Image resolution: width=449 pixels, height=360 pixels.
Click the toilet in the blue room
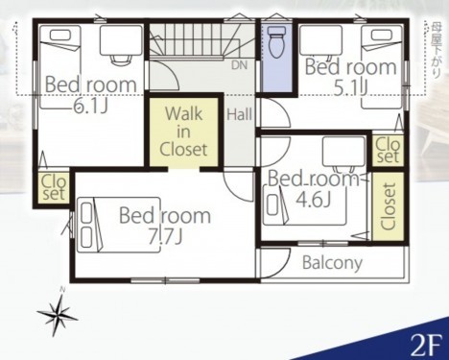pos(277,41)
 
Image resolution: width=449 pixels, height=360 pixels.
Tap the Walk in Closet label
pos(183,132)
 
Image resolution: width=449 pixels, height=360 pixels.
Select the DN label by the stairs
pos(240,65)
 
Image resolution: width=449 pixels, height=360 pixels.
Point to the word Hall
pos(239,114)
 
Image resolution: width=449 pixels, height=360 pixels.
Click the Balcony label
pos(332,263)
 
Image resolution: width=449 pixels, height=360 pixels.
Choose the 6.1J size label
pos(90,105)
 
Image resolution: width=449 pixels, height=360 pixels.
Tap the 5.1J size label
pos(350,88)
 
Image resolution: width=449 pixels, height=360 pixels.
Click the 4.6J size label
pos(313,200)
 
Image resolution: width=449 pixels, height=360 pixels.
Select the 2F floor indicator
pos(426,346)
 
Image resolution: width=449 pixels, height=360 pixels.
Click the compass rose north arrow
pos(58,312)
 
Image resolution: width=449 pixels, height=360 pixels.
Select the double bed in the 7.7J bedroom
pos(119,225)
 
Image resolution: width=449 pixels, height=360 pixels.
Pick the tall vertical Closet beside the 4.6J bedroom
pos(389,206)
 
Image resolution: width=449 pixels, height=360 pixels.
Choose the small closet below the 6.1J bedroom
pos(54,187)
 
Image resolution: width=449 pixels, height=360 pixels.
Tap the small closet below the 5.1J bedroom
pos(388,150)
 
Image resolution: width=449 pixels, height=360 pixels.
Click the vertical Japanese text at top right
pos(436,49)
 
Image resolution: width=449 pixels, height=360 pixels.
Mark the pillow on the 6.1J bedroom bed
pos(60,35)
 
